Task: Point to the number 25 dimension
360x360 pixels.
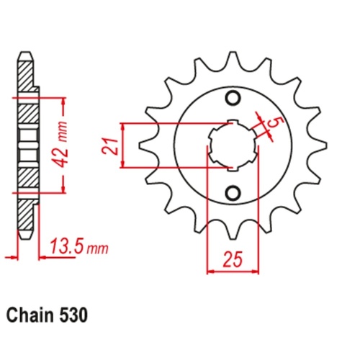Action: coord(232,257)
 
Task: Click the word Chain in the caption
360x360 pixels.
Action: coord(34,315)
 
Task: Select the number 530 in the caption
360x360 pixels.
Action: coord(78,315)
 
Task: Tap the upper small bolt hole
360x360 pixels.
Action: coord(233,99)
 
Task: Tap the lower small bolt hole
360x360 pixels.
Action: coord(233,193)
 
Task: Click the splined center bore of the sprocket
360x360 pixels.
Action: coord(232,145)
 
